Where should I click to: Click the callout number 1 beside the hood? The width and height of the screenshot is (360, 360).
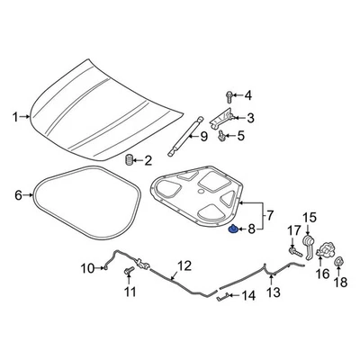[14, 116]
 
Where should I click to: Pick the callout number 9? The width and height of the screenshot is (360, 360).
[203, 137]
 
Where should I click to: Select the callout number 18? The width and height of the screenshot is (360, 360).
[340, 283]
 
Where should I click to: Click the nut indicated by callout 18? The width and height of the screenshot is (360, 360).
[340, 264]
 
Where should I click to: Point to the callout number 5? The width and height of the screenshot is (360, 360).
[241, 136]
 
